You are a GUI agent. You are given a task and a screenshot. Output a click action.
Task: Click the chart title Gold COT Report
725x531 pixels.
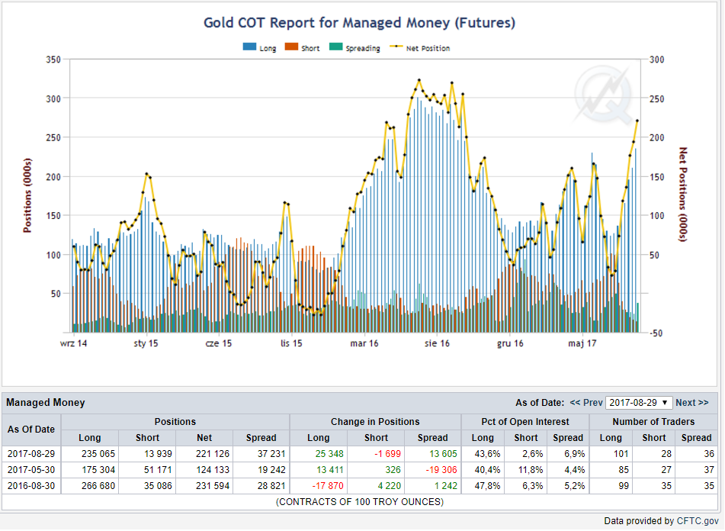[360, 23]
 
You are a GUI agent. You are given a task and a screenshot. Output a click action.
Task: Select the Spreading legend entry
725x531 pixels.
[355, 47]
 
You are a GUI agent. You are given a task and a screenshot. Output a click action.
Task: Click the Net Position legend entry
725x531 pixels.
[420, 47]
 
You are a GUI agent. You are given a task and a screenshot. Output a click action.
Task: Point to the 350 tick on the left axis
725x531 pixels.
[53, 60]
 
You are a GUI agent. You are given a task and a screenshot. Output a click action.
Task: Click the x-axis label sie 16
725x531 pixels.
[437, 343]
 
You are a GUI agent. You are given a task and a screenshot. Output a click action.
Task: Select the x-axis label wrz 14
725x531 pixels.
[73, 343]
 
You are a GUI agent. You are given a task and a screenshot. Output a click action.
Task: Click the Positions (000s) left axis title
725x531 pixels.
[27, 195]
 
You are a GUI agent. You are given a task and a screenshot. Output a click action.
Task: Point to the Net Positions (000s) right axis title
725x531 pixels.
[683, 195]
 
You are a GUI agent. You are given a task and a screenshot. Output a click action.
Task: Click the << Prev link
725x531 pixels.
[586, 402]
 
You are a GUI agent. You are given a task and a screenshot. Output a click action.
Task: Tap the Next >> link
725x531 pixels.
[691, 402]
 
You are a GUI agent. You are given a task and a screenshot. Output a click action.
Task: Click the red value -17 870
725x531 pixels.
[327, 486]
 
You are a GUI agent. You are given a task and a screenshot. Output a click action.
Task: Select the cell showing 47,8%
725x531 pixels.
[487, 486]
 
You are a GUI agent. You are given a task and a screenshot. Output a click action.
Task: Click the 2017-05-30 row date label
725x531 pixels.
[31, 470]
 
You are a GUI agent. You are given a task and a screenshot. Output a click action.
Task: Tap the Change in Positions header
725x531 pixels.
[375, 422]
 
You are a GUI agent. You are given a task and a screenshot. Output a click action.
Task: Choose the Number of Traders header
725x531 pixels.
[653, 422]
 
